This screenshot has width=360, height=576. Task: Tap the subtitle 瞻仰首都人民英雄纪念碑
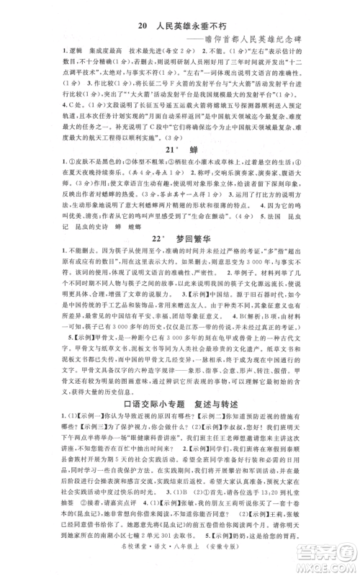261,41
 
